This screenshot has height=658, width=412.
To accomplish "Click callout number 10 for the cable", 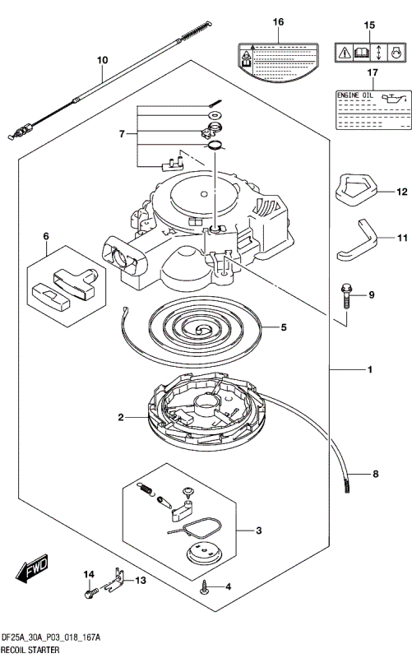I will [102, 60].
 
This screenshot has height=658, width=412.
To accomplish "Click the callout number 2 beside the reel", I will [120, 418].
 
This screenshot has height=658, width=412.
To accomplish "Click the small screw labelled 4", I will [203, 586].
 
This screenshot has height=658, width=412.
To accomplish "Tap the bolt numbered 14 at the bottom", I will [89, 591].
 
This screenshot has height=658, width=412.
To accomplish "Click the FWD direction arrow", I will [30, 570].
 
